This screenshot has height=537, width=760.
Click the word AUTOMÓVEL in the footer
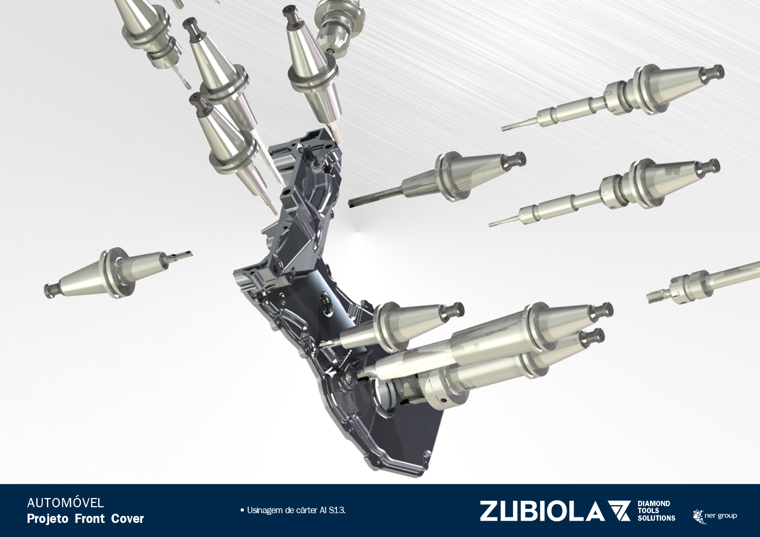(x=65, y=503)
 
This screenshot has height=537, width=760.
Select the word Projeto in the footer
(x=48, y=519)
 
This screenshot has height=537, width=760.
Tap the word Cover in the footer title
(x=128, y=519)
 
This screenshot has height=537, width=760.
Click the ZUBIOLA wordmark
(x=542, y=511)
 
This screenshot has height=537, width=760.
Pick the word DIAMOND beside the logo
(x=654, y=503)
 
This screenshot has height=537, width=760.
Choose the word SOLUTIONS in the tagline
(x=657, y=519)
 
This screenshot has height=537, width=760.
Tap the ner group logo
(x=715, y=516)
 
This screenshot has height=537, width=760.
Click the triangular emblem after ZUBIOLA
(x=619, y=510)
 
